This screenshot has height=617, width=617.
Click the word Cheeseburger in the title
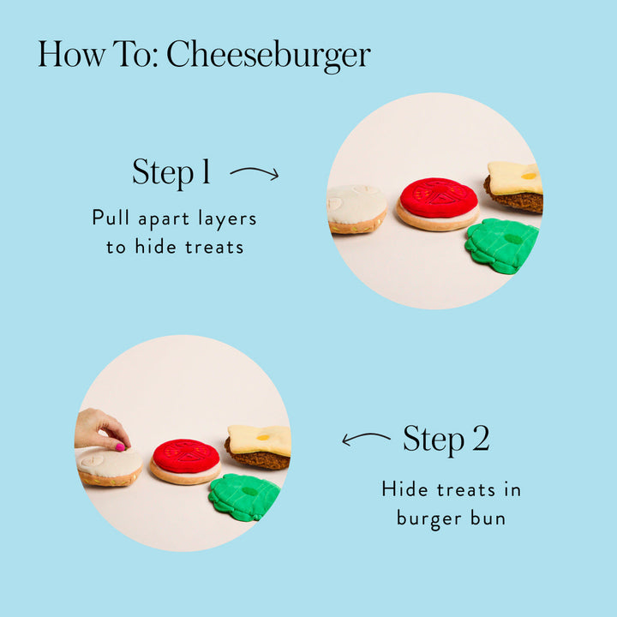point(268,55)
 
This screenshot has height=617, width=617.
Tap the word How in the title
point(72,54)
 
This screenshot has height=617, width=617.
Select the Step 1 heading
point(171,171)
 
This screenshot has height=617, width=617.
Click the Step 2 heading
point(446,439)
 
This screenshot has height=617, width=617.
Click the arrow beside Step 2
point(366,437)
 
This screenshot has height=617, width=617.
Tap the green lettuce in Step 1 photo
point(501,245)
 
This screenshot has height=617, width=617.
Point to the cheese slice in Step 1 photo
point(515,178)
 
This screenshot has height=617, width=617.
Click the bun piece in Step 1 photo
point(356,208)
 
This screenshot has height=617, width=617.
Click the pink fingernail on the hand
point(120,446)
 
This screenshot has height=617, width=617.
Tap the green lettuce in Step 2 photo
point(243,497)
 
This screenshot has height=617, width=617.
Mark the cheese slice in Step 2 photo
point(260,440)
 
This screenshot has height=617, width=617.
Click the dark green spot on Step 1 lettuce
point(512,239)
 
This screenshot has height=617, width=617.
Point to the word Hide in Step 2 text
point(404,489)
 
